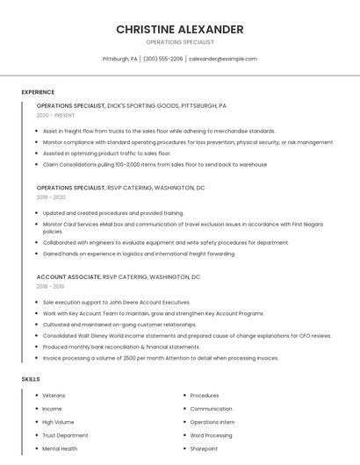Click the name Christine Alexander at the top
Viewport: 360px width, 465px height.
(x=179, y=29)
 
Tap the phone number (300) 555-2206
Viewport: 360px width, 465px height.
(x=162, y=59)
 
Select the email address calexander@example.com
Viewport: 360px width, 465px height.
(x=223, y=59)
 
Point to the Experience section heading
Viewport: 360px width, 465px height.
(x=38, y=92)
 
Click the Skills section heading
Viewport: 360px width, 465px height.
(x=31, y=379)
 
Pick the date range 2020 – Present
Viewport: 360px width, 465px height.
(x=55, y=115)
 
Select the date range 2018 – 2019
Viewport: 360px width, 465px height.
(x=50, y=286)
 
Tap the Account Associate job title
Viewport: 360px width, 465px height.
(x=68, y=276)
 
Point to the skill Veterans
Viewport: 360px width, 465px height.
(x=54, y=396)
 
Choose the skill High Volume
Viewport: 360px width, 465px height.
(x=58, y=422)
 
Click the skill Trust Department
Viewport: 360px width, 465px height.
(x=65, y=435)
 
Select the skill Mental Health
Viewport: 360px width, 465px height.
(x=60, y=448)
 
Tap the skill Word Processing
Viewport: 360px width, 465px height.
(x=211, y=435)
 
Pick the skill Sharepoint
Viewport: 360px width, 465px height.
(x=204, y=448)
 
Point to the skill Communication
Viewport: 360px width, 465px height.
(x=211, y=409)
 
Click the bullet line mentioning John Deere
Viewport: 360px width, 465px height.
(x=116, y=302)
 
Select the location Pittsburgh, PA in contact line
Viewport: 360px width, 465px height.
(x=120, y=59)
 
